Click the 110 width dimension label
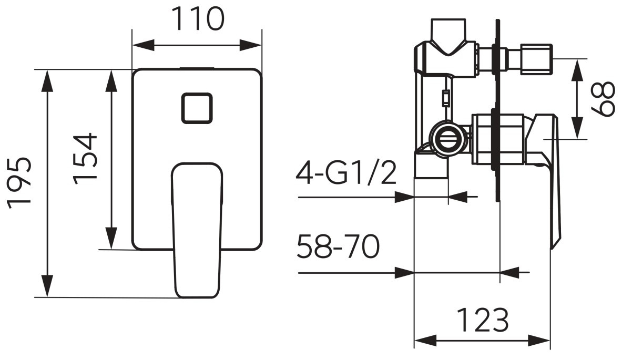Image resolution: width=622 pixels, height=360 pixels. click(x=198, y=19)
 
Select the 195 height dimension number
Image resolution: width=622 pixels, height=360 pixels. click(x=18, y=183)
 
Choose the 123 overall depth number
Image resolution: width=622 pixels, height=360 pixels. click(x=482, y=320)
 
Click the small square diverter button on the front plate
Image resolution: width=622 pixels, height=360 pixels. click(x=197, y=108)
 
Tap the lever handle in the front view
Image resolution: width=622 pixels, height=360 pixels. click(x=197, y=230)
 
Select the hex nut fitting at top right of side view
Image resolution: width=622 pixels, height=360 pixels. click(x=537, y=59)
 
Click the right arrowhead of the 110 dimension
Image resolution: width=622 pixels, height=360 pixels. click(x=251, y=45)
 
